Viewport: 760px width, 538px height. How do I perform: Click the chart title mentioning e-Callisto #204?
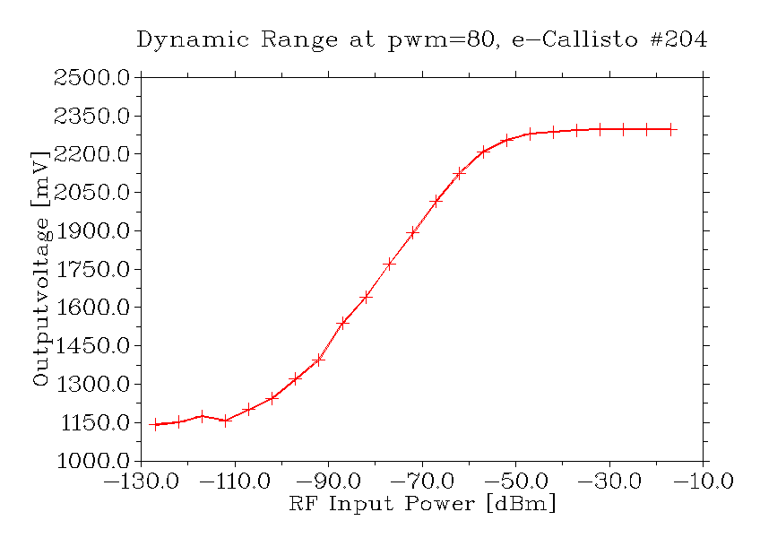point(421,40)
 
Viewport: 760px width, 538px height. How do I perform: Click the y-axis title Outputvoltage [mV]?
point(40,269)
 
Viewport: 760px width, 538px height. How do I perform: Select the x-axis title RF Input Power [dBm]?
point(422,504)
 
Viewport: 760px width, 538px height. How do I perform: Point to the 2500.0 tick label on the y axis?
point(91,78)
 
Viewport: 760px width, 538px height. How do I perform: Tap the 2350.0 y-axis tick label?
point(91,117)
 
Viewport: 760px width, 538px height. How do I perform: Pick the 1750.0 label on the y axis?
point(91,270)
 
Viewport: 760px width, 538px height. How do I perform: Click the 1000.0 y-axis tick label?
point(91,462)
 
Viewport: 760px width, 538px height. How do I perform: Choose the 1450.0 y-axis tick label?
point(91,346)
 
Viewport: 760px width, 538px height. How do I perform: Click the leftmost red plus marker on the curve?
point(155,425)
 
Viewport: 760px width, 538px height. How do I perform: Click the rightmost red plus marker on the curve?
point(670,129)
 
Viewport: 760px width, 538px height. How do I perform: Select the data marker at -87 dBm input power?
point(342,323)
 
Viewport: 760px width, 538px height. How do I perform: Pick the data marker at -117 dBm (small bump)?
point(202,416)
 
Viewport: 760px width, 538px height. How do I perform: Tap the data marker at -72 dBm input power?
point(412,232)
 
